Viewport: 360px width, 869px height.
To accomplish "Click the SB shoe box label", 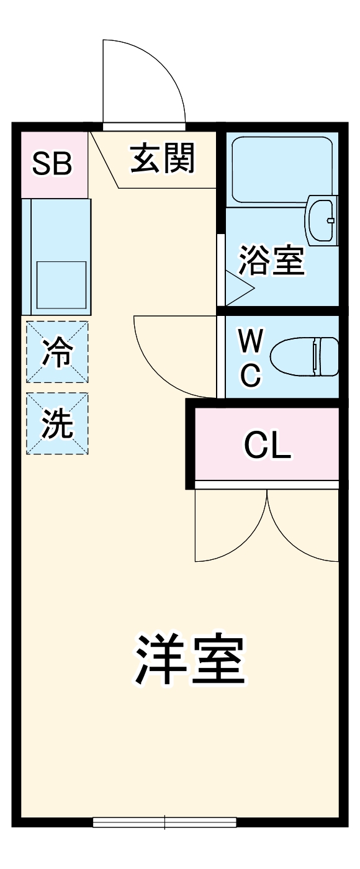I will click(x=53, y=164).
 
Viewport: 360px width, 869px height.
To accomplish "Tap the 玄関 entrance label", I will click(x=163, y=158).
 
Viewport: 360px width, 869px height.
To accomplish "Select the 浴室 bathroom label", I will click(x=272, y=261).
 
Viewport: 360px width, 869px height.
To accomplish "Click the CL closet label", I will click(x=267, y=445).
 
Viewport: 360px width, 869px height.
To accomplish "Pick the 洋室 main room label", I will click(x=189, y=660).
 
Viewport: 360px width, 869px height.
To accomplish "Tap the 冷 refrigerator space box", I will click(x=57, y=352).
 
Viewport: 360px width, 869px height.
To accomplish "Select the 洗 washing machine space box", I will click(x=57, y=423).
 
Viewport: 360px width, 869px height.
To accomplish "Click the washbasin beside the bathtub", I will click(x=322, y=221).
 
